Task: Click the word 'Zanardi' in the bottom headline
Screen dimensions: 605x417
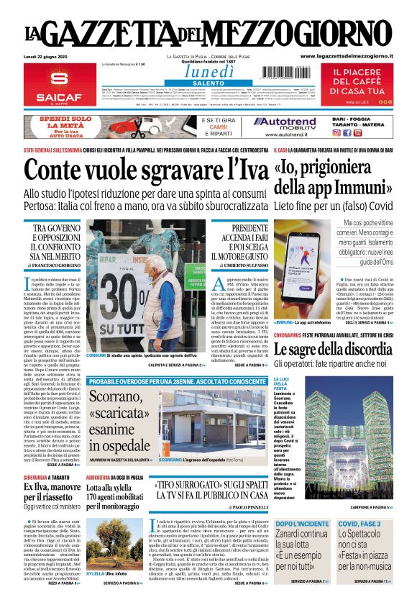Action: tap(295, 535)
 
